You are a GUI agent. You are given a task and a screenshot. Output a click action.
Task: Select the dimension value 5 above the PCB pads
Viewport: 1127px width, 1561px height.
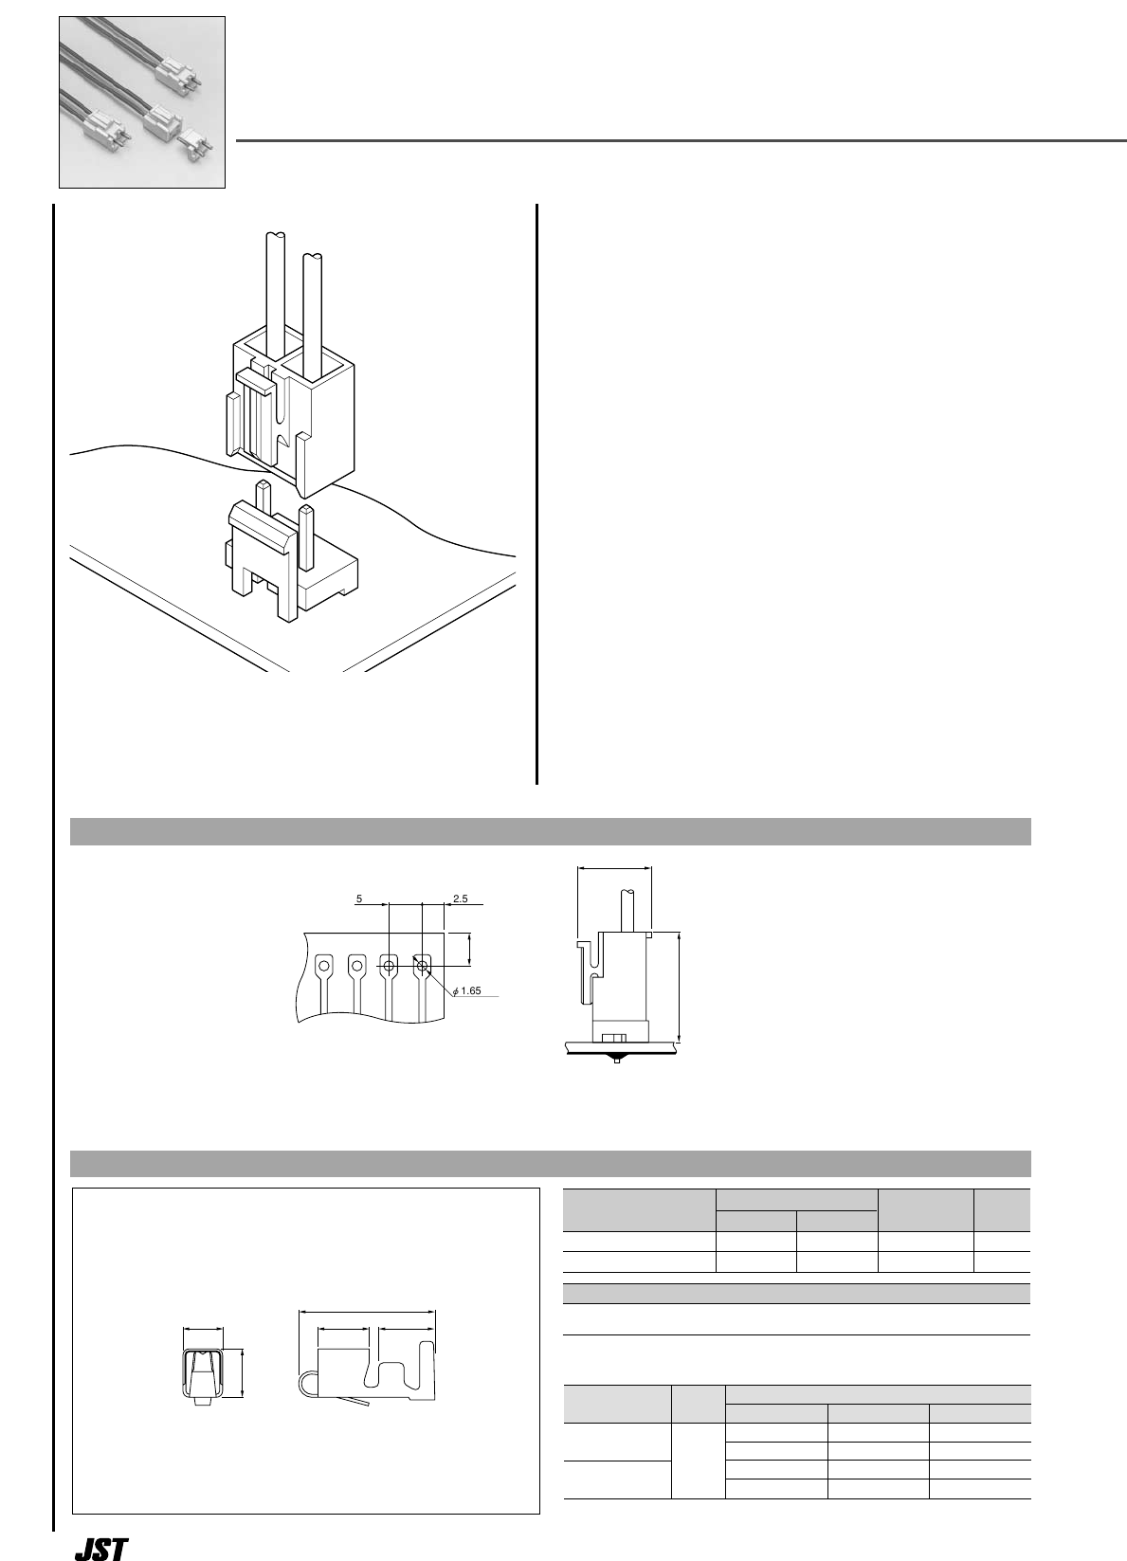pyautogui.click(x=359, y=897)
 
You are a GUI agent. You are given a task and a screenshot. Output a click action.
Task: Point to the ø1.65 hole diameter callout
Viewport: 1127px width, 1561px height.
pyautogui.click(x=468, y=990)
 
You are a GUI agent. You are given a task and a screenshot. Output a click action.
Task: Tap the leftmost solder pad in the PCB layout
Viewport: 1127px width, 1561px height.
pyautogui.click(x=324, y=967)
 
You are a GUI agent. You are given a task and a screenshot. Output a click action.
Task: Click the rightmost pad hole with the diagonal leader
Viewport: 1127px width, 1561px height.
pyautogui.click(x=423, y=967)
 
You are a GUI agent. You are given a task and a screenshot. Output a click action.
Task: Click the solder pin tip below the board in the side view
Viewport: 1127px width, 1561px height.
pyautogui.click(x=617, y=1060)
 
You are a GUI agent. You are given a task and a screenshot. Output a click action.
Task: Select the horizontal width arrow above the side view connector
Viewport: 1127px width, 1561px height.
pyautogui.click(x=614, y=866)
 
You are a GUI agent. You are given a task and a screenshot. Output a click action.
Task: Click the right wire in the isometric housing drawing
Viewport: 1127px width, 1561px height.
pyautogui.click(x=313, y=303)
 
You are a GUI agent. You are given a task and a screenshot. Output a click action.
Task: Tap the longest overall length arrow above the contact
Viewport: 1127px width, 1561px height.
pyautogui.click(x=367, y=1312)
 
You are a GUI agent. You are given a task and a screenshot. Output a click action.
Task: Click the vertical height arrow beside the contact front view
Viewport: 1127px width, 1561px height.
pyautogui.click(x=244, y=1373)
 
